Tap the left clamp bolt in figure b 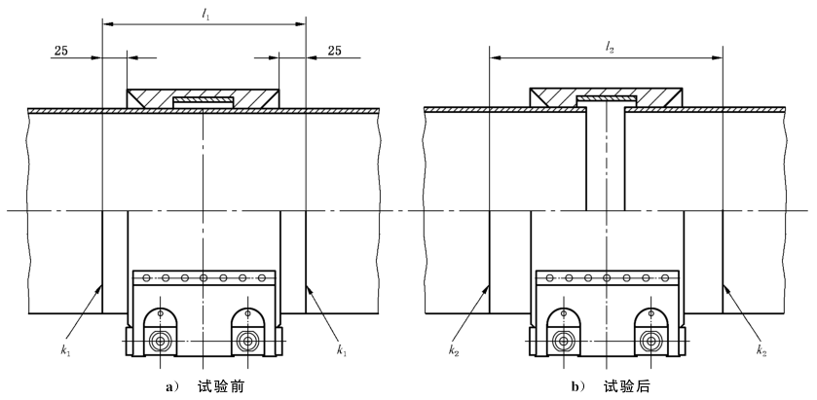point(562,341)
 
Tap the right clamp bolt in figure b point(651,341)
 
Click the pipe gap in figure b point(606,156)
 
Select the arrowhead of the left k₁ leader point(100,289)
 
